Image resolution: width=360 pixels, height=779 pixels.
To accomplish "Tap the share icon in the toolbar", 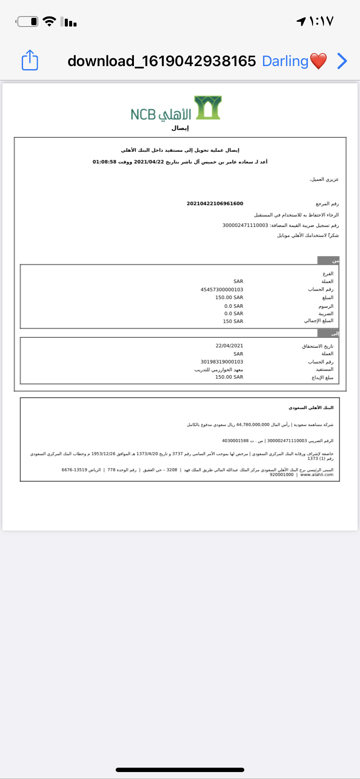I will pos(30,60).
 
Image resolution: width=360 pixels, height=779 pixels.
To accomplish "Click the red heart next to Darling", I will pos(318,61).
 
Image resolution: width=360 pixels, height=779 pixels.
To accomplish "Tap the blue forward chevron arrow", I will pos(342,61).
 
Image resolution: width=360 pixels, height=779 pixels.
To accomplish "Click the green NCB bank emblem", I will pos(208,107).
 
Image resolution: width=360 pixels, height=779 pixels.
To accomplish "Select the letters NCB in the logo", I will pos(143,114).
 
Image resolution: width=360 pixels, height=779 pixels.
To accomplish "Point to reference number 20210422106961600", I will pos(215,203).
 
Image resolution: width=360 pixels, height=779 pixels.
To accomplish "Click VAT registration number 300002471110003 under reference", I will pos(245,225).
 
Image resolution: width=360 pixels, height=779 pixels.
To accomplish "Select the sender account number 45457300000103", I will pos(222,290).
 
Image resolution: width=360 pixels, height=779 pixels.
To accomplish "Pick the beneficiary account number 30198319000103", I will pos(222,362).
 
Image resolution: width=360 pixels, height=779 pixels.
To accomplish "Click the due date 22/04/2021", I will pos(229,346).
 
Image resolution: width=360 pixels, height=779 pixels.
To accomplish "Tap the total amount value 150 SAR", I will pos(233,321).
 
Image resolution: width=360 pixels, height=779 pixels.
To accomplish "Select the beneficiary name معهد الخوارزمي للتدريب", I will pos(219,370).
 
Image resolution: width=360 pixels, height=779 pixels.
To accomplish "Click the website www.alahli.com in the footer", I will pos(317,475).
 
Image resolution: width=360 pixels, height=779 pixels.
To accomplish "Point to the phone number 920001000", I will pos(282,475).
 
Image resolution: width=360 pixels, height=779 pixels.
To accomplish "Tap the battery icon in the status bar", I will pos(27,21).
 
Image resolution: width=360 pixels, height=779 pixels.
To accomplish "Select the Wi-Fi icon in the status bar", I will pos(50,21).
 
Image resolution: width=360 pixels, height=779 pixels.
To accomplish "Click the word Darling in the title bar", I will pos(285,61).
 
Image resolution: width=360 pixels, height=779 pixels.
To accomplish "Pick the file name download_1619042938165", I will pos(162,61).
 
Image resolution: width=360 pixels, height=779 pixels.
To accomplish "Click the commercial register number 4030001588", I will pos(235,441).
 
